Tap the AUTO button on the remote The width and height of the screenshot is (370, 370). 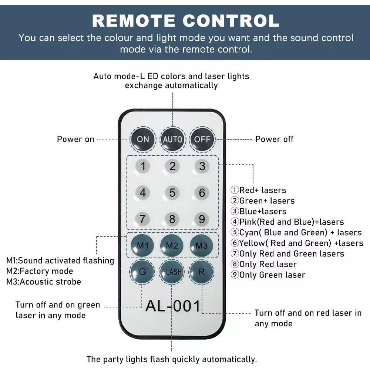(172, 139)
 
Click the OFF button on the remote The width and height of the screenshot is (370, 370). (202, 139)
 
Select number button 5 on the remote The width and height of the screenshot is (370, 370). (172, 193)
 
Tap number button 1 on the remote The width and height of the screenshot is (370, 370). (143, 166)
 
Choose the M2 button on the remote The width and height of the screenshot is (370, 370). (172, 245)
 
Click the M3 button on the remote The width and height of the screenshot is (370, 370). (202, 245)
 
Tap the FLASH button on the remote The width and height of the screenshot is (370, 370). (172, 272)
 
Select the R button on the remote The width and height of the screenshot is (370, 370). (202, 272)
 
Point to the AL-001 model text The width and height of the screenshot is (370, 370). (173, 306)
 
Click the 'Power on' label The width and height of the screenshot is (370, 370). (75, 139)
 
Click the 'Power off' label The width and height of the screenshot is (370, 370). (274, 139)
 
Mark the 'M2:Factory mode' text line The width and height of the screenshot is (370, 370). (40, 271)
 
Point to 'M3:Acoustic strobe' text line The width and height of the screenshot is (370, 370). (44, 282)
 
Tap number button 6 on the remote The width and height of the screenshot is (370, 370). (202, 193)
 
